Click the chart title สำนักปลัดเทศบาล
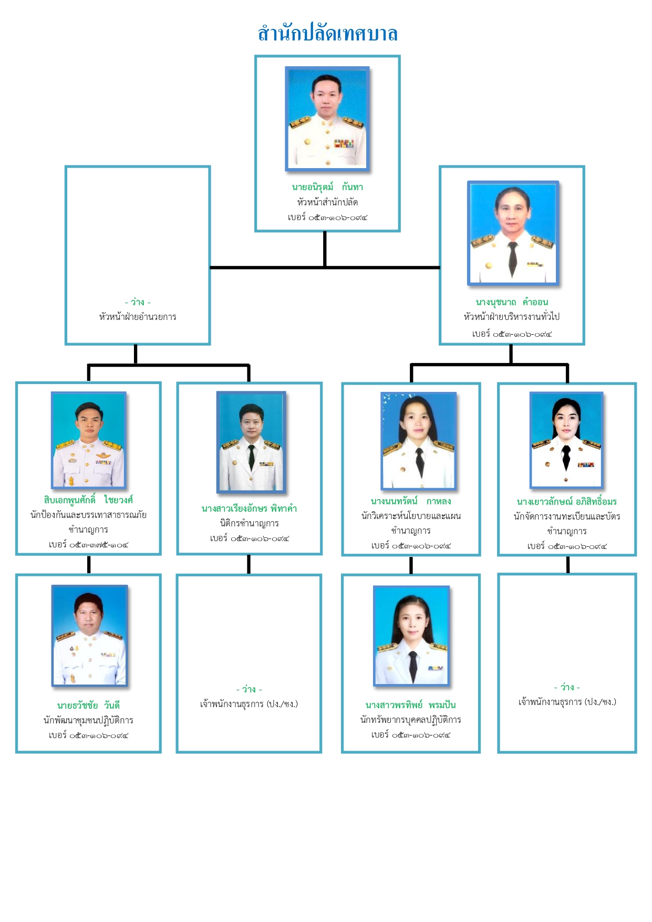pos(327,34)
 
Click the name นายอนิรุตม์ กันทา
pos(327,187)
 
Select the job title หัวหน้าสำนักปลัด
pos(327,202)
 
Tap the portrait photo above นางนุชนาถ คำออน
pos(513,233)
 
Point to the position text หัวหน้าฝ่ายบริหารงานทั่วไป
pos(512,317)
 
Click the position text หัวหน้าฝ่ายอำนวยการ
pos(138,317)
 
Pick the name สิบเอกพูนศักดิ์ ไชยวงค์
pos(88,500)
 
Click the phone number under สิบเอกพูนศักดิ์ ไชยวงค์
pos(88,545)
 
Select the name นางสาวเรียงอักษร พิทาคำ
pos(249,509)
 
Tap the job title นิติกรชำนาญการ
pos(249,523)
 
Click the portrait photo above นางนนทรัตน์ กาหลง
pos(418,441)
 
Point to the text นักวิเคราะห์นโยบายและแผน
pos(411,516)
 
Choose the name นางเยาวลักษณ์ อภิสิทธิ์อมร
pos(566,502)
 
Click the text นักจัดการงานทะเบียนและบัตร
pos(566,516)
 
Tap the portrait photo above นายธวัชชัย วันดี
pos(89,635)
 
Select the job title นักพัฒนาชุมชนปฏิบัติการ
pos(88,720)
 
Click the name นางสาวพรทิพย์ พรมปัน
pos(411,705)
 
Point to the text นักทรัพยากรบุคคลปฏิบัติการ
pos(411,720)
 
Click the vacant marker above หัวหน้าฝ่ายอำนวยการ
pos(138,302)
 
